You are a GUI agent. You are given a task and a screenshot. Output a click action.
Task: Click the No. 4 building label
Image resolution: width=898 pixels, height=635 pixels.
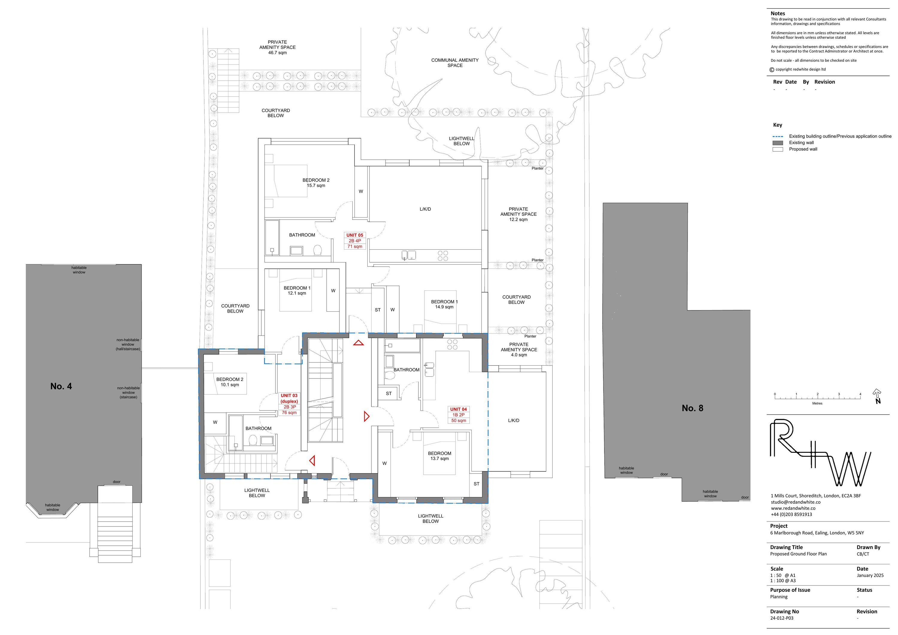[61, 386]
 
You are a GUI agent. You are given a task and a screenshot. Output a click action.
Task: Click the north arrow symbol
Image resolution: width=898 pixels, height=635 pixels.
[877, 396]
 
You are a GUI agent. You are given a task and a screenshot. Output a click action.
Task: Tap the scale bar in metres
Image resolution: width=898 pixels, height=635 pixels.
[817, 398]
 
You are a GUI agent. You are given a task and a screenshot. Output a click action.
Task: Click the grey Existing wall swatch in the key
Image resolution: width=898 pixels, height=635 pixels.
[778, 143]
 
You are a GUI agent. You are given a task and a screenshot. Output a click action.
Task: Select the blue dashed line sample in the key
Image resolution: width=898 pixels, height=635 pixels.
[778, 136]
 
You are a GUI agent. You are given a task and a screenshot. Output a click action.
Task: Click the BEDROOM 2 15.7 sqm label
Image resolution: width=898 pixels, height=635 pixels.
[316, 183]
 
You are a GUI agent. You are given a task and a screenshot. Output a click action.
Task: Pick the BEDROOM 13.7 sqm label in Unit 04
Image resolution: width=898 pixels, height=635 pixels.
[440, 456]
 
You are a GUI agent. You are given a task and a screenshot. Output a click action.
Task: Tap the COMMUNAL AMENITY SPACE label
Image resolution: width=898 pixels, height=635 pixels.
[455, 63]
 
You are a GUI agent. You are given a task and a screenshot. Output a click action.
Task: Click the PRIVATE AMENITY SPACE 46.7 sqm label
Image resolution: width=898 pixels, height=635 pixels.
[277, 47]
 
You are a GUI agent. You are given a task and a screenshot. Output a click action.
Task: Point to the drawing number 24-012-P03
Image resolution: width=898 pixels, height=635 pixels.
[782, 618]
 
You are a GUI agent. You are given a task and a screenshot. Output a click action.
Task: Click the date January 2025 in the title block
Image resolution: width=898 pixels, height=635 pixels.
[870, 575]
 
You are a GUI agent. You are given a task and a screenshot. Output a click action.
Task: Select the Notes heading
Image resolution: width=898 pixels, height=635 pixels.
[778, 13]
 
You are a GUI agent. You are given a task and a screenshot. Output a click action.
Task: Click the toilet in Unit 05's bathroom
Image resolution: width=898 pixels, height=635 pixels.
[317, 250]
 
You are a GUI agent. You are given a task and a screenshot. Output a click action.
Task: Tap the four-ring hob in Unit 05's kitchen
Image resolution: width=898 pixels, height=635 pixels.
[443, 256]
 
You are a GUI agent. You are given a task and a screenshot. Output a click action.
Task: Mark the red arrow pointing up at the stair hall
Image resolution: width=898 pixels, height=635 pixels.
[358, 343]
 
